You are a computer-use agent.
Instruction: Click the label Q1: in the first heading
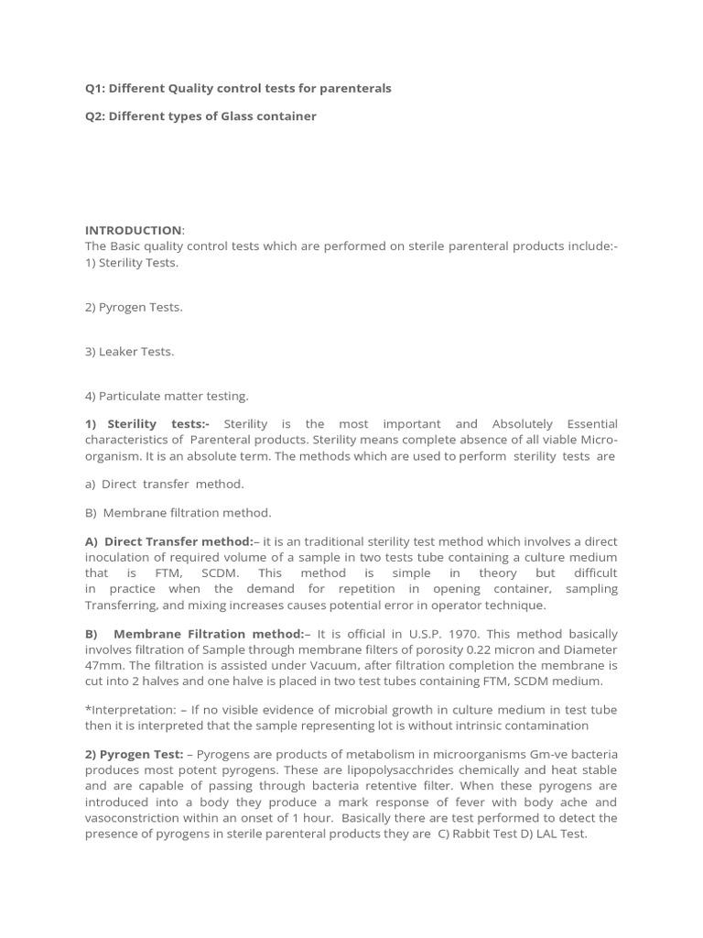point(95,89)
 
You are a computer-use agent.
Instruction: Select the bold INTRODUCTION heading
point(133,230)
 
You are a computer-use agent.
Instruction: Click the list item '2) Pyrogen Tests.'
point(134,307)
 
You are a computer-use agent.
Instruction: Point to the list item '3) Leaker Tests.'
point(129,352)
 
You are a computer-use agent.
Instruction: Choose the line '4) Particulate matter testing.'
point(167,397)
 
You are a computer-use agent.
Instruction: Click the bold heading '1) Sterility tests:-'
point(147,424)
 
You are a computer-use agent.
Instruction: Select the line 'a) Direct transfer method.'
point(165,484)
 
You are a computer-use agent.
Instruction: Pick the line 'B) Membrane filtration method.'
point(178,513)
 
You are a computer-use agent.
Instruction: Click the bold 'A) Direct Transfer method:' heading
point(169,542)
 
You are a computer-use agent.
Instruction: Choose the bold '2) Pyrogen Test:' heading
point(134,755)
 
